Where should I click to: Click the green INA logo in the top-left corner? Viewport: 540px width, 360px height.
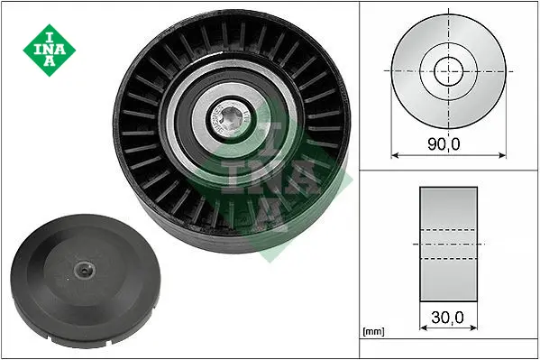pos(50,50)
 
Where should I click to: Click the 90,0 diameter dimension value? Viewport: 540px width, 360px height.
pos(444,143)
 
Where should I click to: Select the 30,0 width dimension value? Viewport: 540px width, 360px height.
pos(447,318)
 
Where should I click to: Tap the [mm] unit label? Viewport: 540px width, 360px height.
pos(373,332)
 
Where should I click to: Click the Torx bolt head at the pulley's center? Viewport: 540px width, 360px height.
pos(229,120)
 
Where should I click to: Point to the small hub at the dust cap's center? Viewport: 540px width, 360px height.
pos(84,271)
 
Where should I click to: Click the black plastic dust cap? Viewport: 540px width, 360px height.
pos(86,279)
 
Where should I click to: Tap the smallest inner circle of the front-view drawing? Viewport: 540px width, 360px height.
pos(448,71)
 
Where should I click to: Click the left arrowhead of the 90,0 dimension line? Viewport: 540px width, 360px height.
pos(395,155)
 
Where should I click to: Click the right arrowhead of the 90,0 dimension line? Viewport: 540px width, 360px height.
pos(502,155)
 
